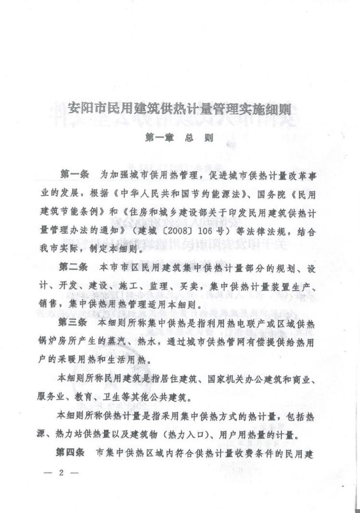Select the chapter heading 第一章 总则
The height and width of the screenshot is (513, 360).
[x=179, y=137]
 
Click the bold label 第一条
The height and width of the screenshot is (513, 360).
[x=74, y=173]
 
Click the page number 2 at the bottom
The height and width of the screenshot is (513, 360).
[x=61, y=472]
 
